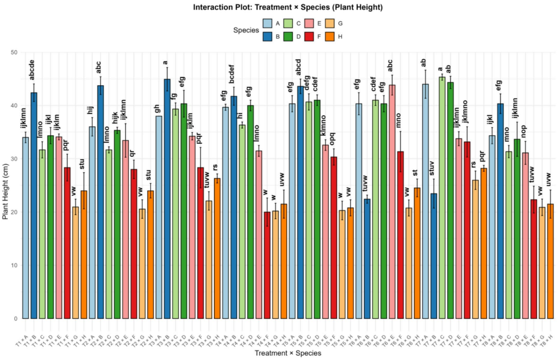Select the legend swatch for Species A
[268, 23]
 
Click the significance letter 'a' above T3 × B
[166, 63]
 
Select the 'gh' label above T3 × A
[158, 109]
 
